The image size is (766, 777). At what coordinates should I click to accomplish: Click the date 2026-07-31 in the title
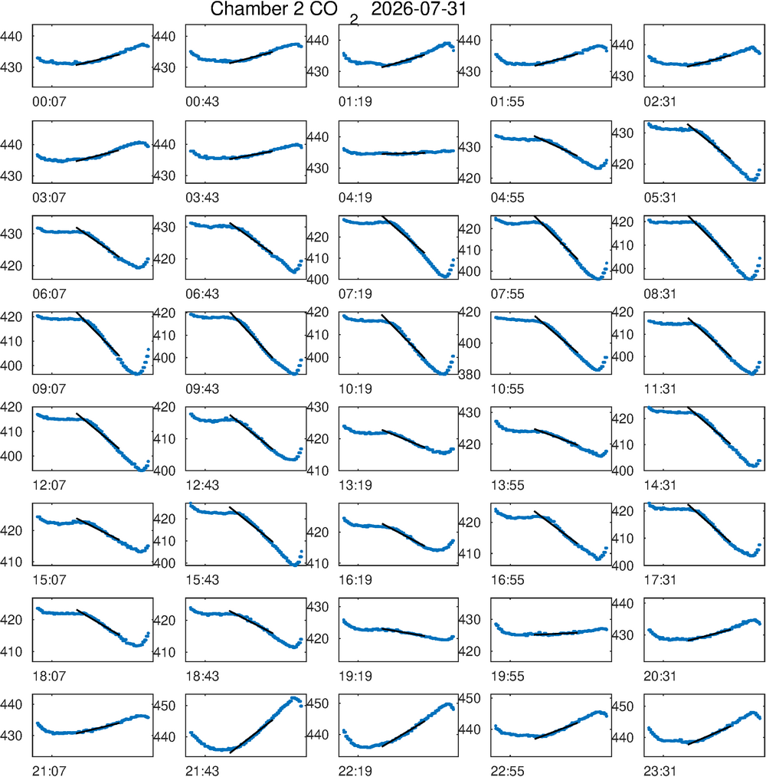(419, 9)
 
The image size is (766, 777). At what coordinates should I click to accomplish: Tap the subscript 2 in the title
(354, 20)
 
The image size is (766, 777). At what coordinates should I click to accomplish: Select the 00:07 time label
(49, 102)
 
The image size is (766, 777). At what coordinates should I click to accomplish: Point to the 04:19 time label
(355, 198)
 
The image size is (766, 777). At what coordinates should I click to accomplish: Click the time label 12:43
(202, 485)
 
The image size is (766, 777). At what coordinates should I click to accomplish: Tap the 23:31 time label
(660, 771)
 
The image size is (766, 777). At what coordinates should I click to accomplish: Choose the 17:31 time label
(660, 580)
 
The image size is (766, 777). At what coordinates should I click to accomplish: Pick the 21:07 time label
(49, 771)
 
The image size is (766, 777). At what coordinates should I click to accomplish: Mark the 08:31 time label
(660, 293)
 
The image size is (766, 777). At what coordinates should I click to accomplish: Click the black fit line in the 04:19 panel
(404, 153)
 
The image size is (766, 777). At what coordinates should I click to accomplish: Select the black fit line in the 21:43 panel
(251, 736)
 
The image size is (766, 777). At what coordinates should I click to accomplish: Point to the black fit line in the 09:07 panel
(97, 334)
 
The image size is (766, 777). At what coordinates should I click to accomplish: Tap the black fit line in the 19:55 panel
(556, 634)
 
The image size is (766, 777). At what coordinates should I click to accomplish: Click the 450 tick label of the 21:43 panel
(165, 706)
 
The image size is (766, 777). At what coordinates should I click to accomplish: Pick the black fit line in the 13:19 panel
(404, 438)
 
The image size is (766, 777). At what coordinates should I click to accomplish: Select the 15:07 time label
(49, 580)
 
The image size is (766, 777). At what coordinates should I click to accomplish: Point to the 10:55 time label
(507, 389)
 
